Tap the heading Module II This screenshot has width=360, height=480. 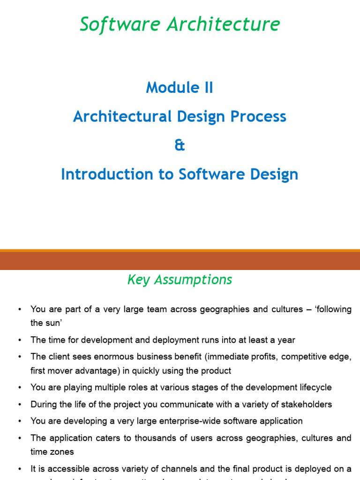coord(180,88)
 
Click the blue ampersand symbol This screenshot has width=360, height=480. coord(180,145)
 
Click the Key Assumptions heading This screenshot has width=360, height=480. coord(180,280)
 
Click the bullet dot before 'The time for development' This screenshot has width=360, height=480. coord(19,340)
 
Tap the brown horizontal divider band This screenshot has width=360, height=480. coord(180,261)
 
